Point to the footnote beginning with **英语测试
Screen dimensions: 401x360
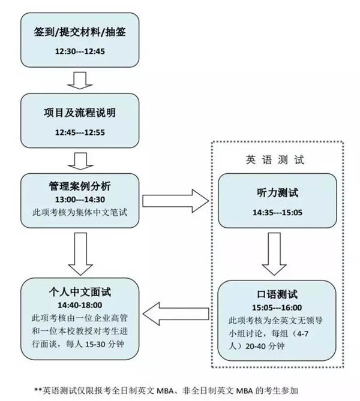point(180,390)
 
